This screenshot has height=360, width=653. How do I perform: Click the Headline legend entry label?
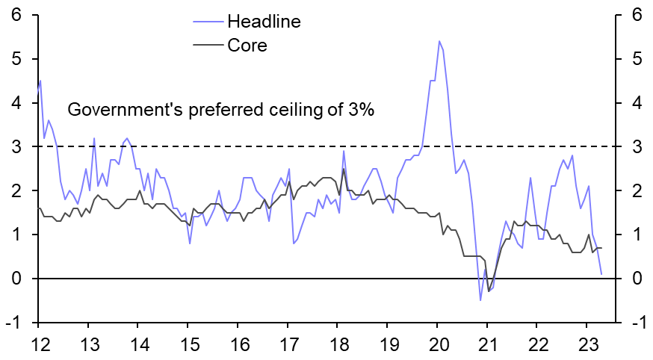tap(264, 22)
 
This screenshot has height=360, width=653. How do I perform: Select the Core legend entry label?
tap(247, 46)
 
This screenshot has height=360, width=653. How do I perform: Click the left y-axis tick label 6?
tap(15, 16)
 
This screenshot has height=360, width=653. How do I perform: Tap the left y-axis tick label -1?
tap(13, 323)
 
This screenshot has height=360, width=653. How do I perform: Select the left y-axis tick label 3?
tap(15, 147)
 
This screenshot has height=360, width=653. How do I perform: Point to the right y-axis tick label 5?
tap(637, 60)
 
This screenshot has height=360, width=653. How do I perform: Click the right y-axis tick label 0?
tap(637, 279)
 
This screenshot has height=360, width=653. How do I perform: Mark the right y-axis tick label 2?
tap(637, 191)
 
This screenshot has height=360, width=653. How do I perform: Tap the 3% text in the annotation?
tap(358, 110)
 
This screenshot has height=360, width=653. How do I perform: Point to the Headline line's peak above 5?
tap(439, 41)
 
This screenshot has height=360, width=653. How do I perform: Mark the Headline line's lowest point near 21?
tap(480, 300)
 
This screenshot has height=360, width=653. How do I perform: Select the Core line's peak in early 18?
tap(344, 169)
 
